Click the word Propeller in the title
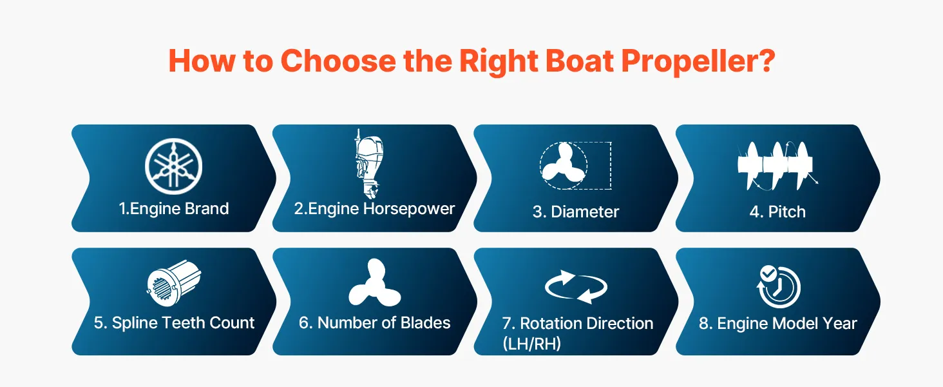point(698,61)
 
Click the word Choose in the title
point(338,61)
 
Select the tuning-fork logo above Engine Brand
point(173,166)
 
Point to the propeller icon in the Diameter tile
point(563,166)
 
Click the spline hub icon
point(174,282)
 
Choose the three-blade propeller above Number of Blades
point(375,283)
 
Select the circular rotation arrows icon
point(576,287)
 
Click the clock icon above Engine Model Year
point(778,286)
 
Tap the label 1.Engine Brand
point(174,209)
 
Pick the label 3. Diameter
point(576,212)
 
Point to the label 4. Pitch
point(777,212)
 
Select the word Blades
point(425,323)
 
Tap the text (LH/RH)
point(531,344)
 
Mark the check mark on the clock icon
point(768,273)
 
